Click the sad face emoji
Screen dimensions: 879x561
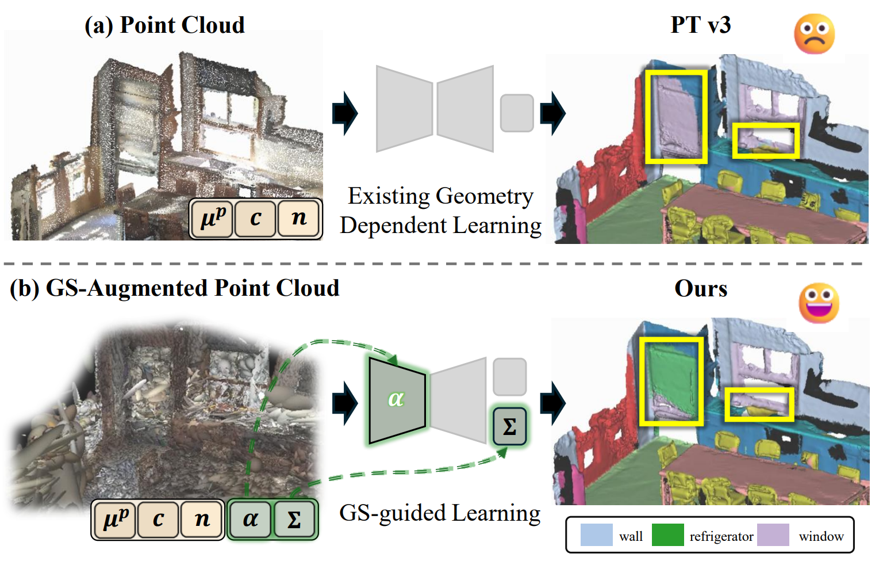click(814, 34)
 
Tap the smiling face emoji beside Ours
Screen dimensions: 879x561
click(819, 303)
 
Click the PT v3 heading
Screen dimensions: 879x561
click(701, 25)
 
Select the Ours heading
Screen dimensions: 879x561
click(701, 288)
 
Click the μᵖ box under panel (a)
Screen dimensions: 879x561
click(213, 219)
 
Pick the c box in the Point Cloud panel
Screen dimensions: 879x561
click(255, 219)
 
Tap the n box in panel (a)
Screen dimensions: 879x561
click(298, 219)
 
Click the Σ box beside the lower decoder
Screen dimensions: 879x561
click(509, 426)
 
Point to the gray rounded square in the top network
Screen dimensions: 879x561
click(517, 113)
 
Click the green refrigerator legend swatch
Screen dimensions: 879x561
click(667, 535)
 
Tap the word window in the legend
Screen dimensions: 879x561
click(821, 536)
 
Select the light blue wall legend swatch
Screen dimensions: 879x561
click(597, 535)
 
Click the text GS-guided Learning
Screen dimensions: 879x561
click(440, 513)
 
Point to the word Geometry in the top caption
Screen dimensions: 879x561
click(485, 196)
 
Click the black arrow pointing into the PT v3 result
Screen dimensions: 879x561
click(552, 113)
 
